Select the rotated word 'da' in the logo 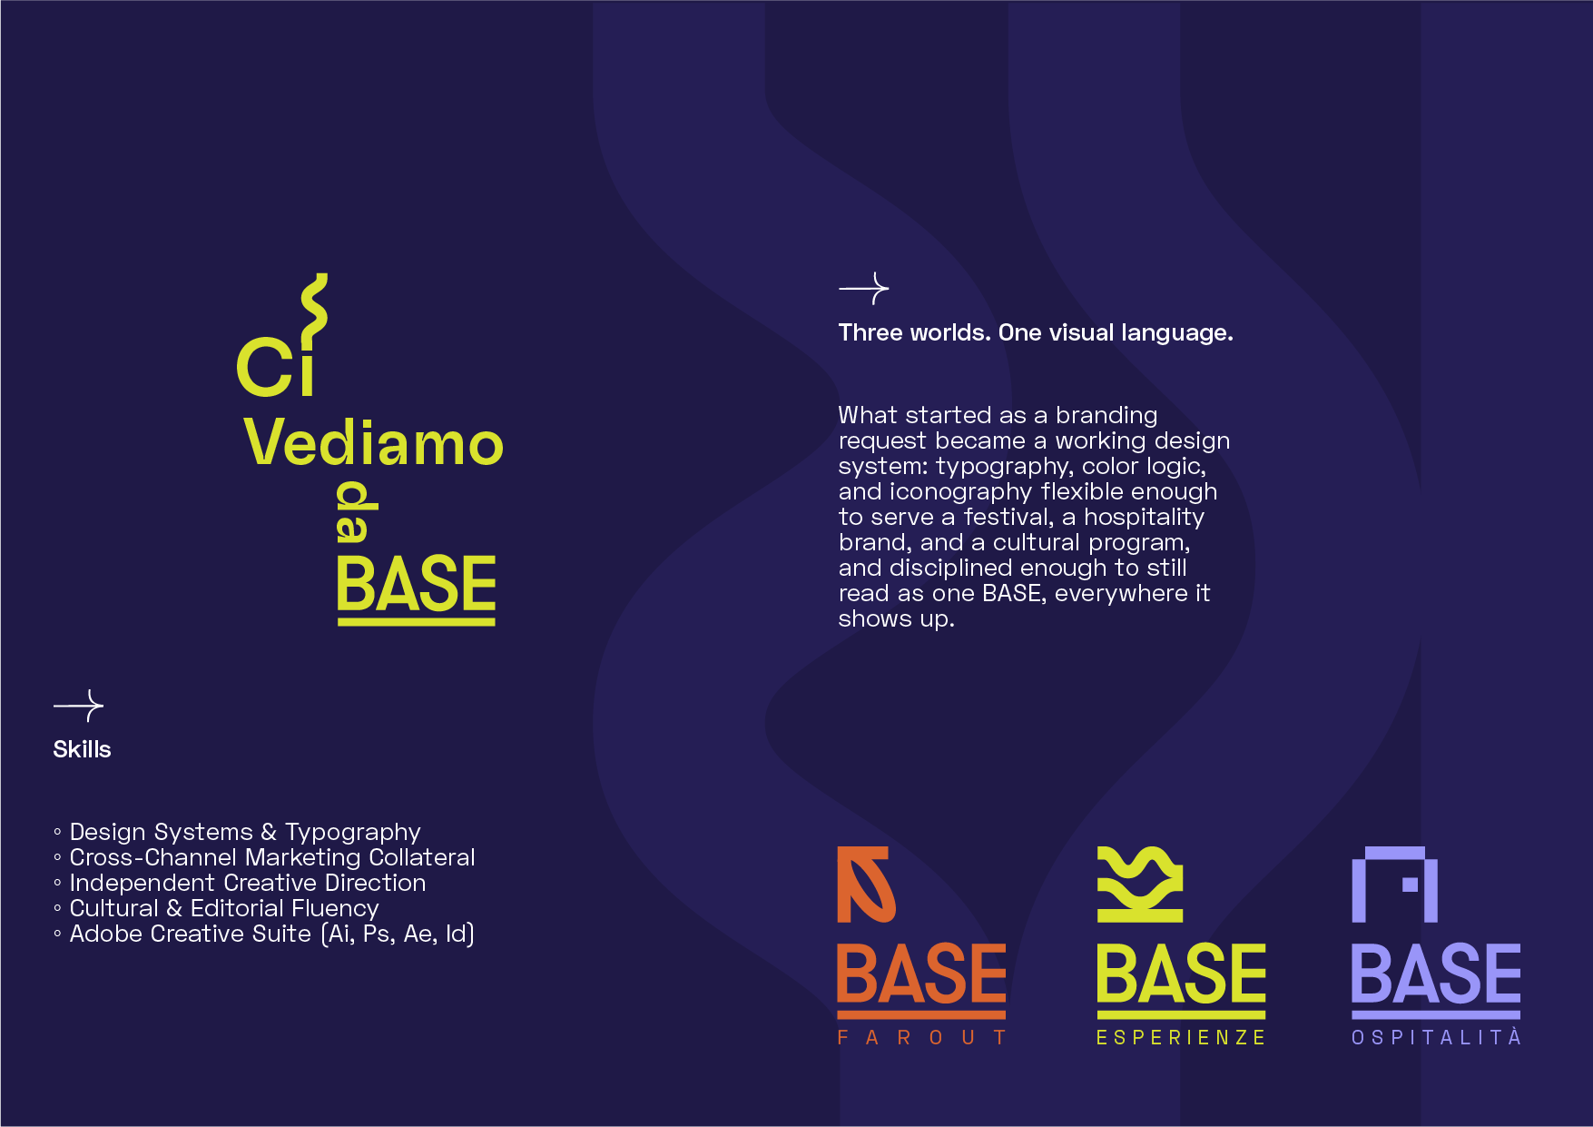click(357, 511)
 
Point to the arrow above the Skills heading click(79, 706)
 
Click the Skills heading click(82, 749)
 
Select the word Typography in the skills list click(353, 833)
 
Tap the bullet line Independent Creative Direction click(240, 883)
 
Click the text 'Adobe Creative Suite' click(191, 934)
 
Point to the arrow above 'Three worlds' click(864, 289)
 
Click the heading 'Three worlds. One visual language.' click(1036, 332)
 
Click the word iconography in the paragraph click(961, 492)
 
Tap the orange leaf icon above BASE click(866, 885)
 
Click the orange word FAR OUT click(921, 1037)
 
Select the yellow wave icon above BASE click(1140, 885)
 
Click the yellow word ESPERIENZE click(1181, 1037)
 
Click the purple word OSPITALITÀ click(1436, 1036)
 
